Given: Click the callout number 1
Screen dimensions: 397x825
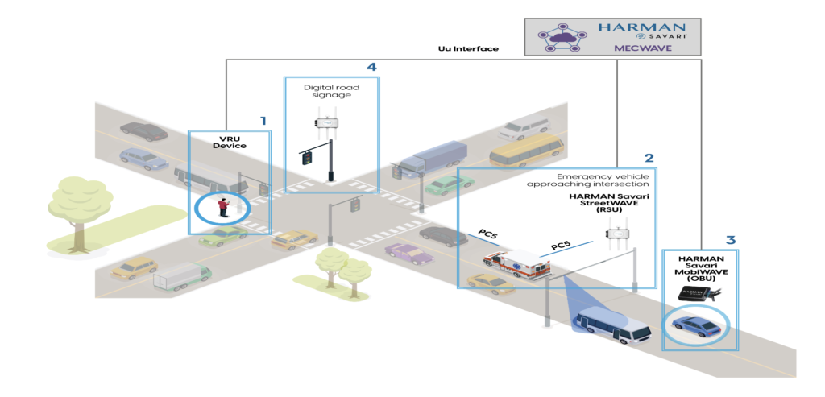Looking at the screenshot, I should coord(262,121).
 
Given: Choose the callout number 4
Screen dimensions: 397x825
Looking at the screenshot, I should coord(371,67).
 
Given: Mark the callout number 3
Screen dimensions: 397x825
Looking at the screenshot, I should coord(730,240).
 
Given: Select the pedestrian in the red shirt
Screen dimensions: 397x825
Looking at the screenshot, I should coord(222,208).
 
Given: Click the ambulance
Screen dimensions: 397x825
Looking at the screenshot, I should coord(514,265).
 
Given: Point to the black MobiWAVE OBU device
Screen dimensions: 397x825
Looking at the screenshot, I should coord(697,296).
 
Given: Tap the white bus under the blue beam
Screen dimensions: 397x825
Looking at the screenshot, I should coord(614,325).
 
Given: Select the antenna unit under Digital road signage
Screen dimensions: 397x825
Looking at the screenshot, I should coord(326,123).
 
